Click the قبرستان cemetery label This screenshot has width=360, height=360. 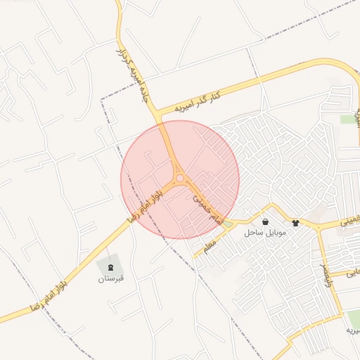pyautogui.click(x=111, y=278)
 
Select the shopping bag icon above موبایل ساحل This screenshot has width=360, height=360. pyautogui.click(x=264, y=221)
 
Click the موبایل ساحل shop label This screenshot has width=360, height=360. pyautogui.click(x=264, y=231)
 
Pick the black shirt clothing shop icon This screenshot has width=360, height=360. pyautogui.click(x=295, y=222)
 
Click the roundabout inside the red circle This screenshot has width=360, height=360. pyautogui.click(x=180, y=179)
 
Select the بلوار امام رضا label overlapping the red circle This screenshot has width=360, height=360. pyautogui.click(x=146, y=206)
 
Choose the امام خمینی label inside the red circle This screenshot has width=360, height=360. pyautogui.click(x=207, y=209)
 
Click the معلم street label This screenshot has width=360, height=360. pyautogui.click(x=210, y=246)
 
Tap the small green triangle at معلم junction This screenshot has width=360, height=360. pyautogui.click(x=228, y=225)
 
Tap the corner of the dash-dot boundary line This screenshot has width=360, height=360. pyautogui.click(x=102, y=100)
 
